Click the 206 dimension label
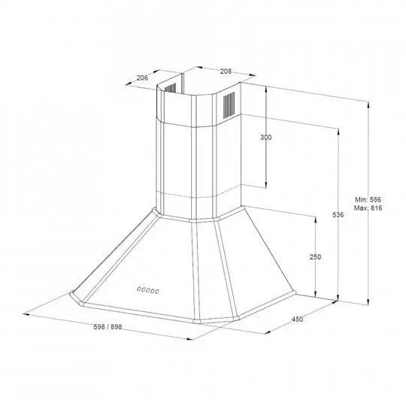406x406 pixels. [142, 77]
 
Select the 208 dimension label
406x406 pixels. [226, 71]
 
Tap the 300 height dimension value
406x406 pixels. [266, 138]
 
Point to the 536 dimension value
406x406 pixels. [338, 214]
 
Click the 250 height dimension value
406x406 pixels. [315, 257]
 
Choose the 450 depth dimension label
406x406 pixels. [297, 320]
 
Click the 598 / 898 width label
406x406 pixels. [108, 327]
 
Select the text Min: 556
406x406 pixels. [368, 200]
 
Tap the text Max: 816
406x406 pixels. [368, 208]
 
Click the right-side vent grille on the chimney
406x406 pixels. [229, 105]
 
